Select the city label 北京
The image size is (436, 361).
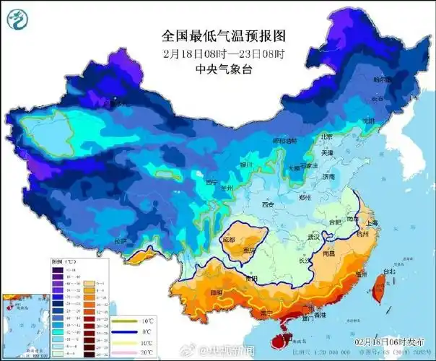pos(326,136)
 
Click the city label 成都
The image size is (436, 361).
pos(229,239)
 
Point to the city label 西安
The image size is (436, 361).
pos(269,205)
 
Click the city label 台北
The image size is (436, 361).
pos(389,272)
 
